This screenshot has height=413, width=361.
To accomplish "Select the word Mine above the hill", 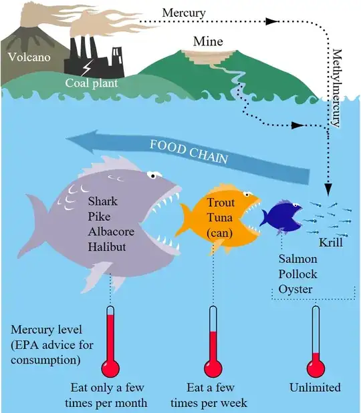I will [208, 41].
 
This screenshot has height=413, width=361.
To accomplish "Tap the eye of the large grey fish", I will [154, 175].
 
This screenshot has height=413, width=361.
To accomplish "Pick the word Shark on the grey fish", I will [102, 201].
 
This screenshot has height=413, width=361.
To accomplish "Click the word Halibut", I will [107, 247].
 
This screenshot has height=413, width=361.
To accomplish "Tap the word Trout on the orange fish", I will [220, 202].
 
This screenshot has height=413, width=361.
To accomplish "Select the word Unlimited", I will [315, 388].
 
